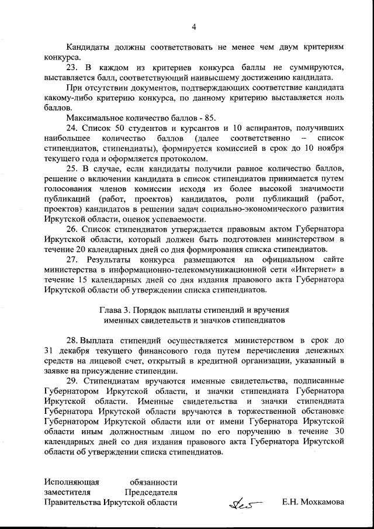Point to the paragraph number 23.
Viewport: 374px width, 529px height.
(x=72, y=67)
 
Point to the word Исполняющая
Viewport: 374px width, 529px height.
(x=71, y=482)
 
